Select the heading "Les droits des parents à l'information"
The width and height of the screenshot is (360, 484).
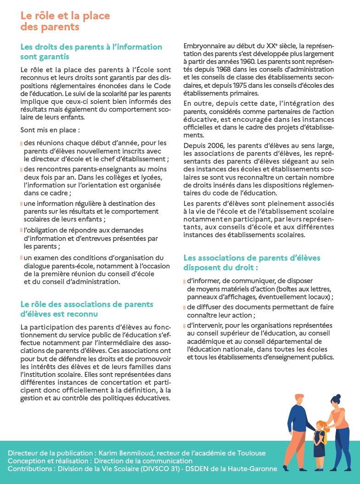[91, 47]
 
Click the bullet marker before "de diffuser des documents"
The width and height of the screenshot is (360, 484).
[185, 307]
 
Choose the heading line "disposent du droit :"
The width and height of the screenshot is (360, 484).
[220, 267]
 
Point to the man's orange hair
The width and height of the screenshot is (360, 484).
[299, 398]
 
